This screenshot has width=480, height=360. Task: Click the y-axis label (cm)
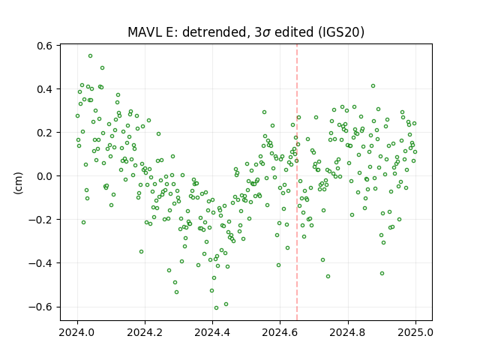[18, 183]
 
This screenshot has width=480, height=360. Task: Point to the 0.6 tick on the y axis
[44, 46]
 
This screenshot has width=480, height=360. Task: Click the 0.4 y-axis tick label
[44, 89]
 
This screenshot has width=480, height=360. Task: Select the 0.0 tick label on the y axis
[44, 176]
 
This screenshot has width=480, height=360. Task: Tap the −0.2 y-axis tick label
[40, 220]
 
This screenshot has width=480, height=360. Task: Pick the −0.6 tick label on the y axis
[40, 307]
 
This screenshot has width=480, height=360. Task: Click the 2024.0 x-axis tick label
[77, 332]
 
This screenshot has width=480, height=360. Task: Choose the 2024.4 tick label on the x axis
[212, 332]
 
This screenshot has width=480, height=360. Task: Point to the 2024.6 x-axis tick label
[280, 332]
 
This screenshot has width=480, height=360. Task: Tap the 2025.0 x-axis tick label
[415, 332]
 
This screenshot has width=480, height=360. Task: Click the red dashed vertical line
[297, 182]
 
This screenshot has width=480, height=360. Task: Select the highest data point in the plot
[90, 56]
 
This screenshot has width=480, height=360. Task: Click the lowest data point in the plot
[216, 308]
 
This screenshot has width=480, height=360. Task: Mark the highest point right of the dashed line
[373, 86]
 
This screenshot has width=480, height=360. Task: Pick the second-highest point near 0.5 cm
[102, 68]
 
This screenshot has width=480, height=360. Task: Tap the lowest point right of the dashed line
[328, 277]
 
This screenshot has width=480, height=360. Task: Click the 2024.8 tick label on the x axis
[348, 332]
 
